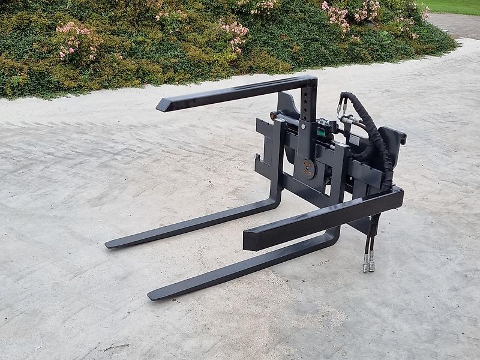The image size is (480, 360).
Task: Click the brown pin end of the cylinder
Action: point(274,115)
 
